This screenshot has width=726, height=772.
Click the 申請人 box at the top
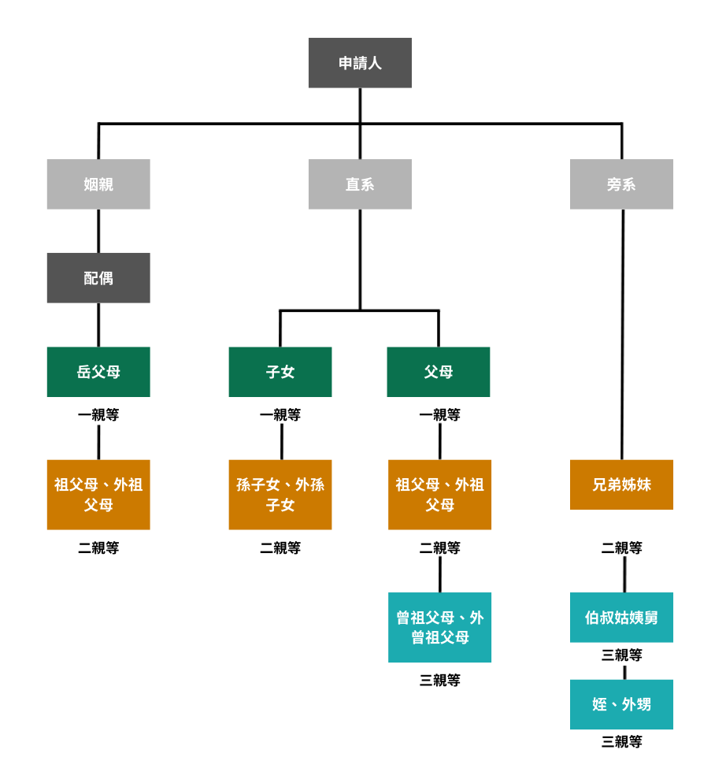click(360, 63)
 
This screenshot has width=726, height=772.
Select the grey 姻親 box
click(98, 184)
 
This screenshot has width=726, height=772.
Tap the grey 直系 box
click(360, 184)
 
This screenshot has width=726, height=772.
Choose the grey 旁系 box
click(621, 184)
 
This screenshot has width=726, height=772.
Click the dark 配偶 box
click(98, 278)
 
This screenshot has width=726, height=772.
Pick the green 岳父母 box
click(98, 372)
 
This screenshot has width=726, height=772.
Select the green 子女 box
click(280, 372)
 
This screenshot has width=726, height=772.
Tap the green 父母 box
click(439, 372)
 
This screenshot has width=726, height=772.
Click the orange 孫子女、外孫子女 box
click(280, 495)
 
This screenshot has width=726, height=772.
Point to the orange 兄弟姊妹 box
click(621, 484)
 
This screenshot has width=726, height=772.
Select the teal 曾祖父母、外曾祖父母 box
click(439, 627)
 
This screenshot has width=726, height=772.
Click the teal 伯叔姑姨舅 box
click(621, 618)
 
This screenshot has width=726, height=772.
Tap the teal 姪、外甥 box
click(621, 704)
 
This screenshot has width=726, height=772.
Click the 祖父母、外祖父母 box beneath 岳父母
click(98, 495)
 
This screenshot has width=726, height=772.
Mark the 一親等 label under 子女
click(280, 415)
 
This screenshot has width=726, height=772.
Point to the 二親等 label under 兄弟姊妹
click(621, 548)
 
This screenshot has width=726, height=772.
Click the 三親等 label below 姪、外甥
click(621, 741)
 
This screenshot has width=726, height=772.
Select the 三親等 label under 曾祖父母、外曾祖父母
click(439, 681)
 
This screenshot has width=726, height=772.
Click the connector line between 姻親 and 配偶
click(98, 231)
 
